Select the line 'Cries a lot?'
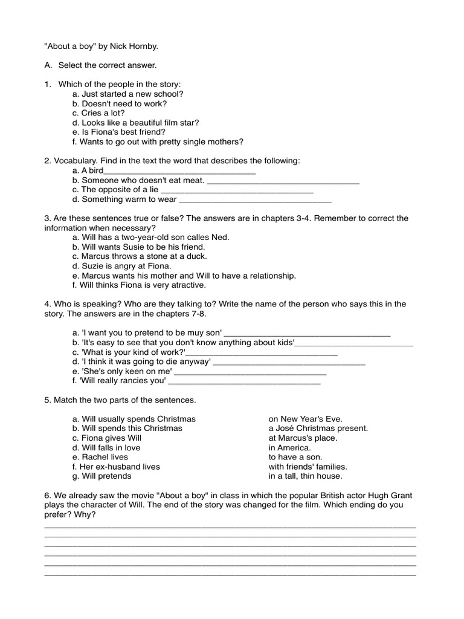98,113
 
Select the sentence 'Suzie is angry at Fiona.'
121,266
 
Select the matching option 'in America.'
289,448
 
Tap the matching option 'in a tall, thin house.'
305,476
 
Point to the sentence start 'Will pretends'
101,476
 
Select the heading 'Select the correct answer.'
108,65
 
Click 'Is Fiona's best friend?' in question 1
118,132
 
